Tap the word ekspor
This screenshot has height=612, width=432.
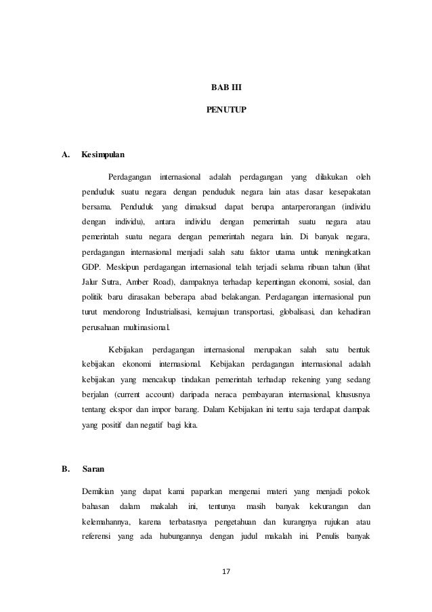tap(120, 411)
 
